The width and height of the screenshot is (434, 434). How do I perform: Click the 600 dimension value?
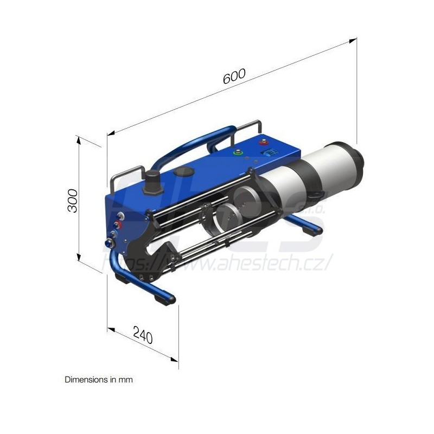(x=234, y=76)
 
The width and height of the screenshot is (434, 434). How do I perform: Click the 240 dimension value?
(x=142, y=337)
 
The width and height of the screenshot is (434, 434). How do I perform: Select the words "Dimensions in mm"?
(x=99, y=380)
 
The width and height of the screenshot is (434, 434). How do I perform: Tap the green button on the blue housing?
(x=237, y=152)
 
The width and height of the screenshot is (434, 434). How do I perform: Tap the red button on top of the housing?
(x=264, y=144)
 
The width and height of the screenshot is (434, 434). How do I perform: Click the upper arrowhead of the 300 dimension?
(x=79, y=139)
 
